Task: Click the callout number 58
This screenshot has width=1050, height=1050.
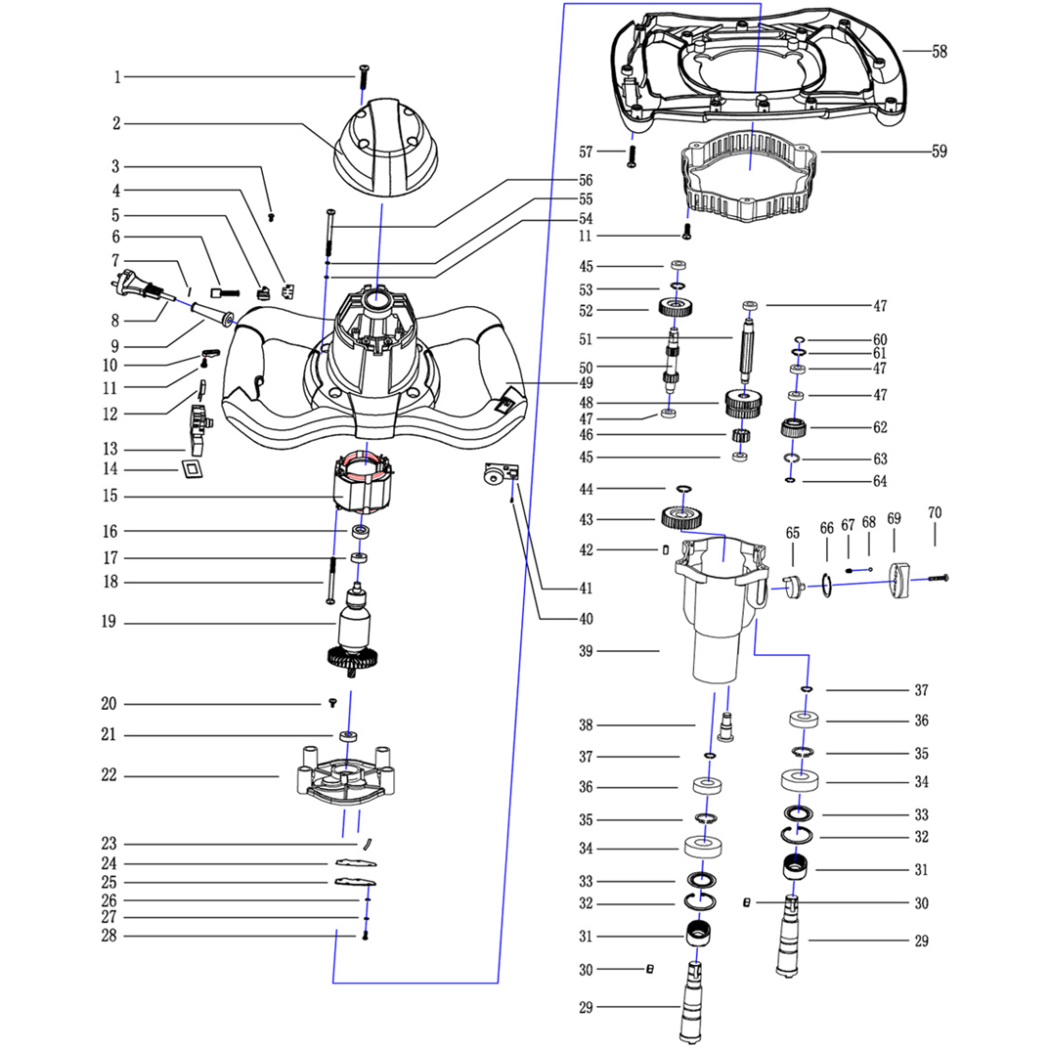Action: coord(940,52)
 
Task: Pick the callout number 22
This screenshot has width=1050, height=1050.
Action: coord(109,775)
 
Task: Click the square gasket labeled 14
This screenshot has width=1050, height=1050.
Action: coord(194,471)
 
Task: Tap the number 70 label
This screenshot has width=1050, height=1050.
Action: coord(935,512)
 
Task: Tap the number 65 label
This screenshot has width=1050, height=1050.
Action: coord(792,532)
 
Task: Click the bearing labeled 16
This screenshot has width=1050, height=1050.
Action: coord(362,531)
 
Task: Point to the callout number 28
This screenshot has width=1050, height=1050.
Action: coord(109,937)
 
